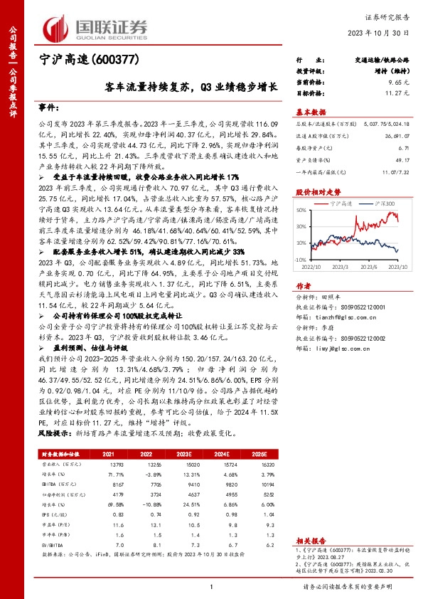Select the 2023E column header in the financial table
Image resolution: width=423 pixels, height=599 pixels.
click(x=186, y=452)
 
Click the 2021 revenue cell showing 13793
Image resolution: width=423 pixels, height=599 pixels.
click(x=108, y=462)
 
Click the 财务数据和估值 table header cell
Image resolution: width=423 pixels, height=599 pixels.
click(x=63, y=452)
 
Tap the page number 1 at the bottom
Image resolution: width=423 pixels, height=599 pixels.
click(x=212, y=586)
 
